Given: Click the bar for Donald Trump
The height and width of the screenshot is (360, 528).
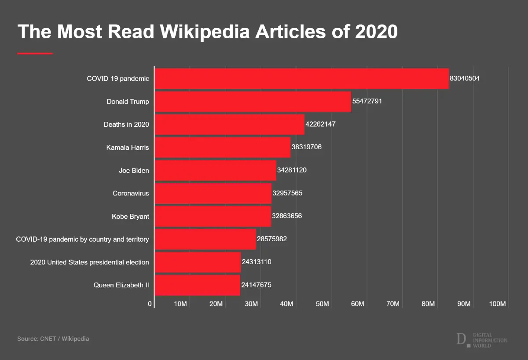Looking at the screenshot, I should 253,101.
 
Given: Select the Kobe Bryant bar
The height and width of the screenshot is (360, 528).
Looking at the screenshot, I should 213,216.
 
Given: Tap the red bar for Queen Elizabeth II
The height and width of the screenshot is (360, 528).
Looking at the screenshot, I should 197,285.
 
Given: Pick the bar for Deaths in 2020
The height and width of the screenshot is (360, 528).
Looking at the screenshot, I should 229,125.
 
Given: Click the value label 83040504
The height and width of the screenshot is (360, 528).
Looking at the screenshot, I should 464,78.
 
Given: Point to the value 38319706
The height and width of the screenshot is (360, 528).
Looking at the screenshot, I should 307,147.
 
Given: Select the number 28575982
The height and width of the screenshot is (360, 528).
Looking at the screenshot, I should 272,239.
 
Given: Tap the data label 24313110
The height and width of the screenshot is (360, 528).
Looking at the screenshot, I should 257,262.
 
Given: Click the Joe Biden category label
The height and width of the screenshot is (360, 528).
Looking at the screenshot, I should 134,170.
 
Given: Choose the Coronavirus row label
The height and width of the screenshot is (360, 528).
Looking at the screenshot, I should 131,193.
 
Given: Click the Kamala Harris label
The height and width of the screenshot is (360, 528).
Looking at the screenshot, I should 128,147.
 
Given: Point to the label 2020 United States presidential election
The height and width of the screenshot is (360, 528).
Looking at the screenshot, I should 89,262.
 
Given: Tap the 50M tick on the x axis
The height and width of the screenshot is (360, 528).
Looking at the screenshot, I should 323,304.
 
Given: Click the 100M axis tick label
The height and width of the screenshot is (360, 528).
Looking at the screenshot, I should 499,304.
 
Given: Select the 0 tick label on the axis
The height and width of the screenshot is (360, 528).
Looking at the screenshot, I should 150,304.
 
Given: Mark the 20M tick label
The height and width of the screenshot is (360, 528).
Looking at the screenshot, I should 216,304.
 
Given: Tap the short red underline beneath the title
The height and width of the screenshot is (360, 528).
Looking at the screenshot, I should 35,53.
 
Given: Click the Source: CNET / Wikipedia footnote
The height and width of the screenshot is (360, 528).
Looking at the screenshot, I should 53,339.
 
